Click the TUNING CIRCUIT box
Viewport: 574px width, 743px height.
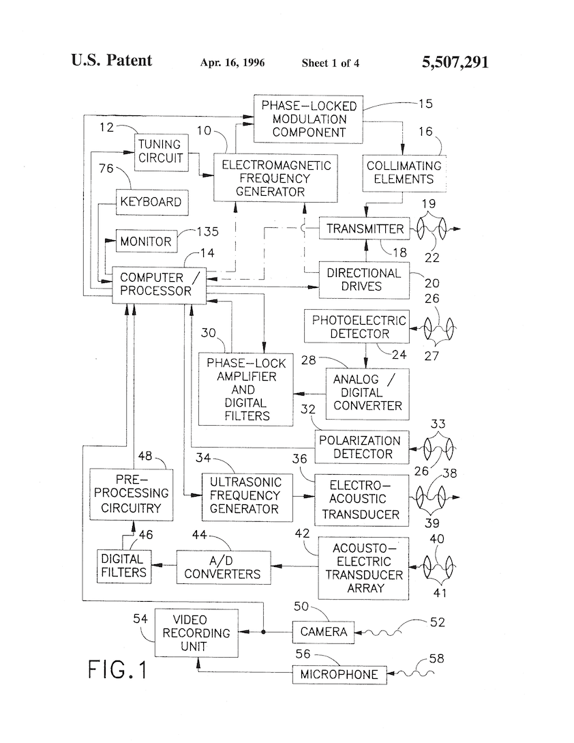(x=160, y=151)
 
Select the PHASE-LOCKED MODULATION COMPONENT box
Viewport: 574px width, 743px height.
(x=309, y=119)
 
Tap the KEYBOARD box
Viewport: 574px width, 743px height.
(x=151, y=202)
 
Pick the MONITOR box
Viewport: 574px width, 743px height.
(x=147, y=242)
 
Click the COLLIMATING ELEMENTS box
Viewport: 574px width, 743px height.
(x=404, y=173)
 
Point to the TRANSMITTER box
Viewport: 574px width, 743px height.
(x=365, y=229)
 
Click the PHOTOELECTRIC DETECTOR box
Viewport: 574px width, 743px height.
(x=359, y=327)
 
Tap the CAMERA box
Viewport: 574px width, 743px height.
(x=324, y=632)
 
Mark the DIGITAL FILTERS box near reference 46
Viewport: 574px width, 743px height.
(x=123, y=566)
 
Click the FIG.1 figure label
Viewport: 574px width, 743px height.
(x=117, y=669)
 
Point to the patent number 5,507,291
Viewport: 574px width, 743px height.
(x=455, y=63)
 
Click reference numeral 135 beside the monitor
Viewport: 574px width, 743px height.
(x=208, y=232)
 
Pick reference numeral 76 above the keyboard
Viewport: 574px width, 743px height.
(x=106, y=169)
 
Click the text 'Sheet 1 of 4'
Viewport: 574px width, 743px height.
(x=331, y=63)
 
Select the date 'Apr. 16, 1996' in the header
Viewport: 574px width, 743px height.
(x=232, y=63)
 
